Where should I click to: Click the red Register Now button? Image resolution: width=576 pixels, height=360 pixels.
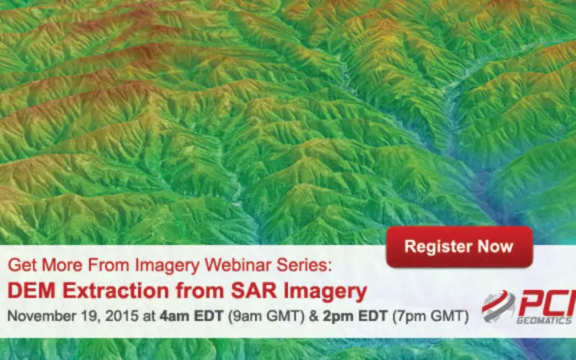coord(459,247)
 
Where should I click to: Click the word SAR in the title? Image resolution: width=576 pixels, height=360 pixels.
coord(254,291)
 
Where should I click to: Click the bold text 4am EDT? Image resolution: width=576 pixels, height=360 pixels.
coord(191,316)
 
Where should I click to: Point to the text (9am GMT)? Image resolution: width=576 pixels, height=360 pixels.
coord(266,316)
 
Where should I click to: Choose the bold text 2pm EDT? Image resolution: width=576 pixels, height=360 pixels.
coord(355,316)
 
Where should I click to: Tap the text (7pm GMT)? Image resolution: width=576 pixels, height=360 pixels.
coord(430,316)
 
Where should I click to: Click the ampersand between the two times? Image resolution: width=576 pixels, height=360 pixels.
coord(314,316)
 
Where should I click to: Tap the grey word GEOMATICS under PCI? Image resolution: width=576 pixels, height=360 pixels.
coord(545,320)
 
